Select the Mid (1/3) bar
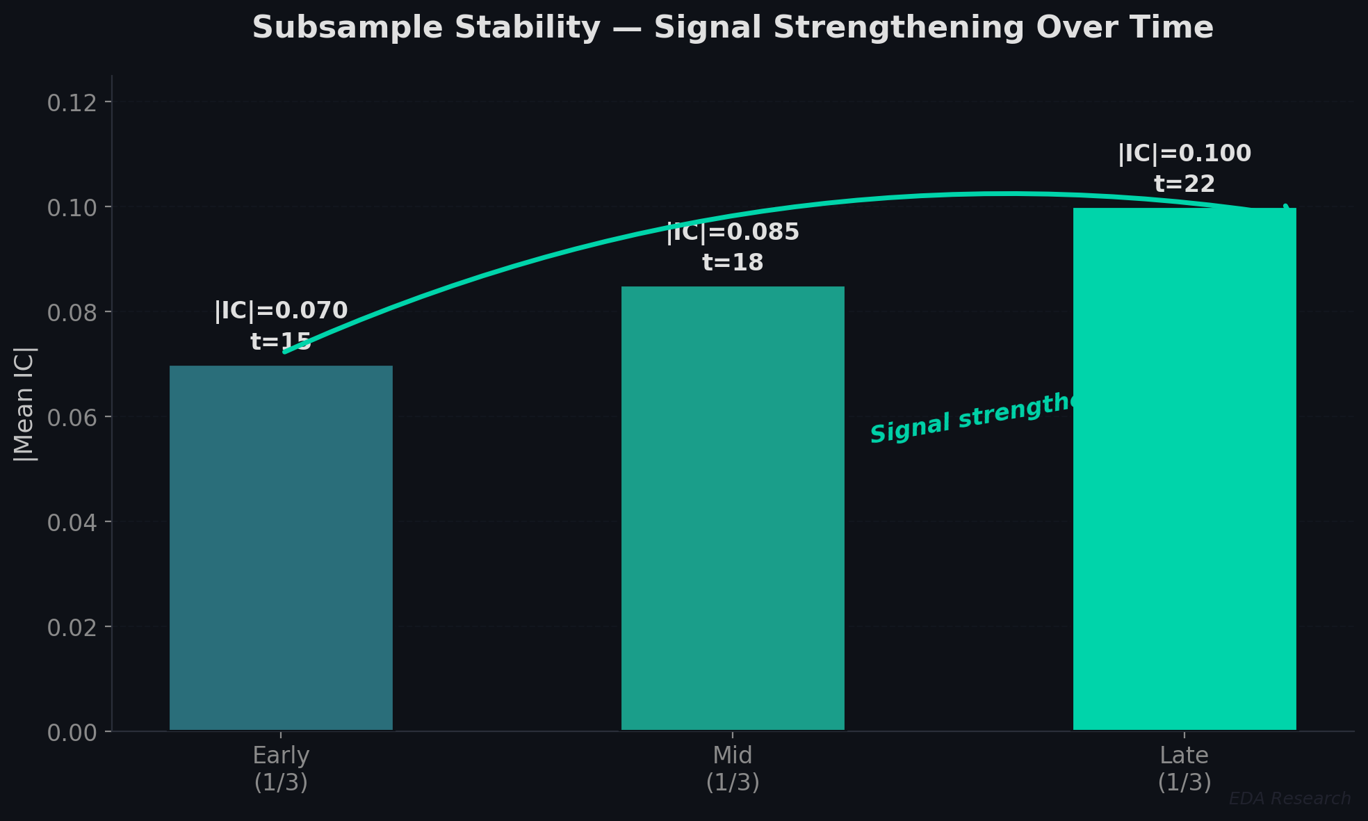click(x=733, y=508)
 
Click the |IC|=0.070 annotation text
click(x=281, y=311)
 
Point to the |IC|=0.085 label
click(x=733, y=232)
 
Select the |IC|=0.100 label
click(x=1184, y=154)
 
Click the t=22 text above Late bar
click(x=1184, y=184)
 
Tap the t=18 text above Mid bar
click(x=733, y=263)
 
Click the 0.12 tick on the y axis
click(x=72, y=104)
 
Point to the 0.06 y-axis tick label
click(x=72, y=418)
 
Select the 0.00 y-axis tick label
click(x=72, y=732)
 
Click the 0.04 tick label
click(x=72, y=523)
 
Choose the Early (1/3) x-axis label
click(x=281, y=768)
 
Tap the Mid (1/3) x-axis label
click(x=733, y=768)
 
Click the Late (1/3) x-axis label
click(x=1184, y=768)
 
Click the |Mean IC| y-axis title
click(x=25, y=403)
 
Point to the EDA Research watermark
click(x=1289, y=799)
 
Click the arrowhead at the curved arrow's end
click(x=1288, y=209)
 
